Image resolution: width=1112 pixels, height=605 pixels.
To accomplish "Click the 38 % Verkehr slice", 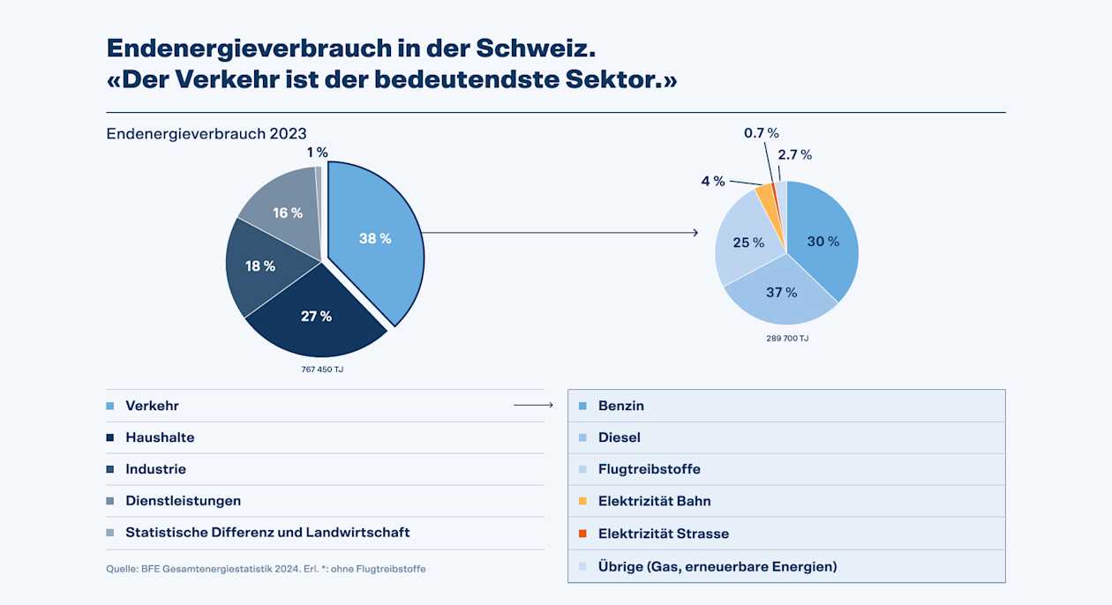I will click(375, 238).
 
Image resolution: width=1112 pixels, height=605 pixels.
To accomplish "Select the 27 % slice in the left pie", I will click(315, 316).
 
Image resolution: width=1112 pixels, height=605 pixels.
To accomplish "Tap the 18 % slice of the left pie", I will click(260, 265).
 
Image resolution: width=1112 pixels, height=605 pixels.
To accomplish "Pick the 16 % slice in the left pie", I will click(287, 213).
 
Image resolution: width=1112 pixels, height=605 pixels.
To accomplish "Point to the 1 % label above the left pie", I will click(317, 153).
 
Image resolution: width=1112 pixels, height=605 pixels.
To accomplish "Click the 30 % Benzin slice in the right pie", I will click(822, 241).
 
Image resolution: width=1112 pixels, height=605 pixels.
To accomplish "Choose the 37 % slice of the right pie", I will click(781, 292).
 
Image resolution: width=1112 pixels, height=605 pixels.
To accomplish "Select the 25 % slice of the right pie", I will click(748, 243).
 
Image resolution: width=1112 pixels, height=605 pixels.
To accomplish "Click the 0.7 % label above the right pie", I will click(761, 133).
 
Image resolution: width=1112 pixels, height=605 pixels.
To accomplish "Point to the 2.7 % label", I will click(794, 154).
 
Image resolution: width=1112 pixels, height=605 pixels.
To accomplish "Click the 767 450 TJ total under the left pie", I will click(322, 369).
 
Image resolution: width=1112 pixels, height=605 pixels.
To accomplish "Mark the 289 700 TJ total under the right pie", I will click(787, 338).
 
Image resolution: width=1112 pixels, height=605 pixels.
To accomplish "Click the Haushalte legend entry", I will click(160, 437).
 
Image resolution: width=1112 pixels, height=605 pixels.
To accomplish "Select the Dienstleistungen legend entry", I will click(183, 501).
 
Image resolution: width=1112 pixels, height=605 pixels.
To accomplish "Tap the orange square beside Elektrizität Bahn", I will click(582, 501).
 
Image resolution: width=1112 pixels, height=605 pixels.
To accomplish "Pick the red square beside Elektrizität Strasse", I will click(582, 534).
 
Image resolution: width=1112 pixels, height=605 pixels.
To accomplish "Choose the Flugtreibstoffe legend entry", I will click(649, 469).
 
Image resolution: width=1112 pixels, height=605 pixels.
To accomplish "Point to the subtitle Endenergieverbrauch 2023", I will click(207, 133).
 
